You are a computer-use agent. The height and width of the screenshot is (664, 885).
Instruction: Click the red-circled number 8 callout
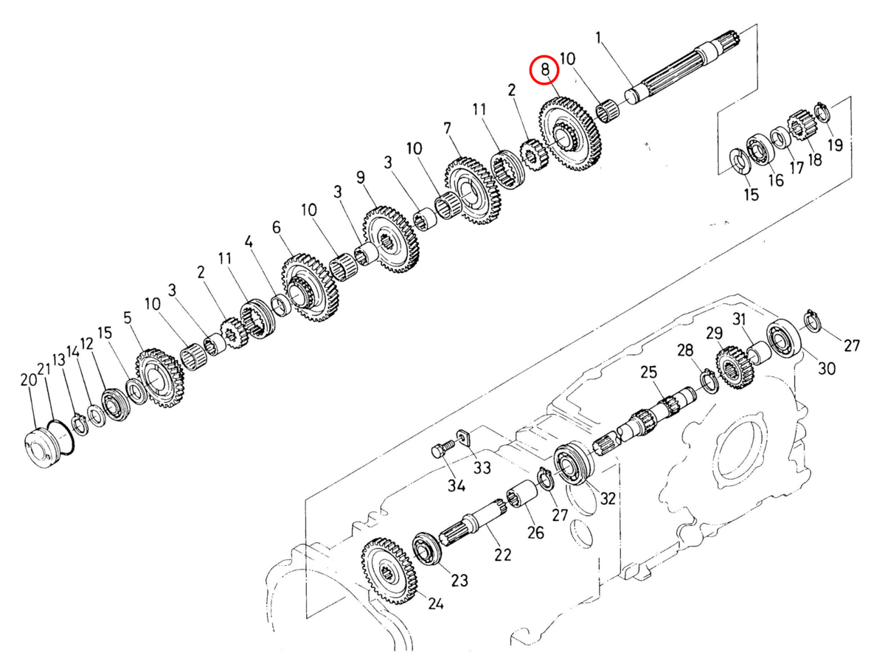tap(546, 70)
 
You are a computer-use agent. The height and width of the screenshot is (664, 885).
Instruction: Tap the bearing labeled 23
tap(428, 550)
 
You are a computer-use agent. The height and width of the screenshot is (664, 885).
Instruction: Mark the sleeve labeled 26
tap(521, 494)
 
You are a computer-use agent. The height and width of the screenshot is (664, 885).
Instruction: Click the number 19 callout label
tap(834, 145)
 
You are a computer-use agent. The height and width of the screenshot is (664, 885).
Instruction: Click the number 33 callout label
tap(482, 468)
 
